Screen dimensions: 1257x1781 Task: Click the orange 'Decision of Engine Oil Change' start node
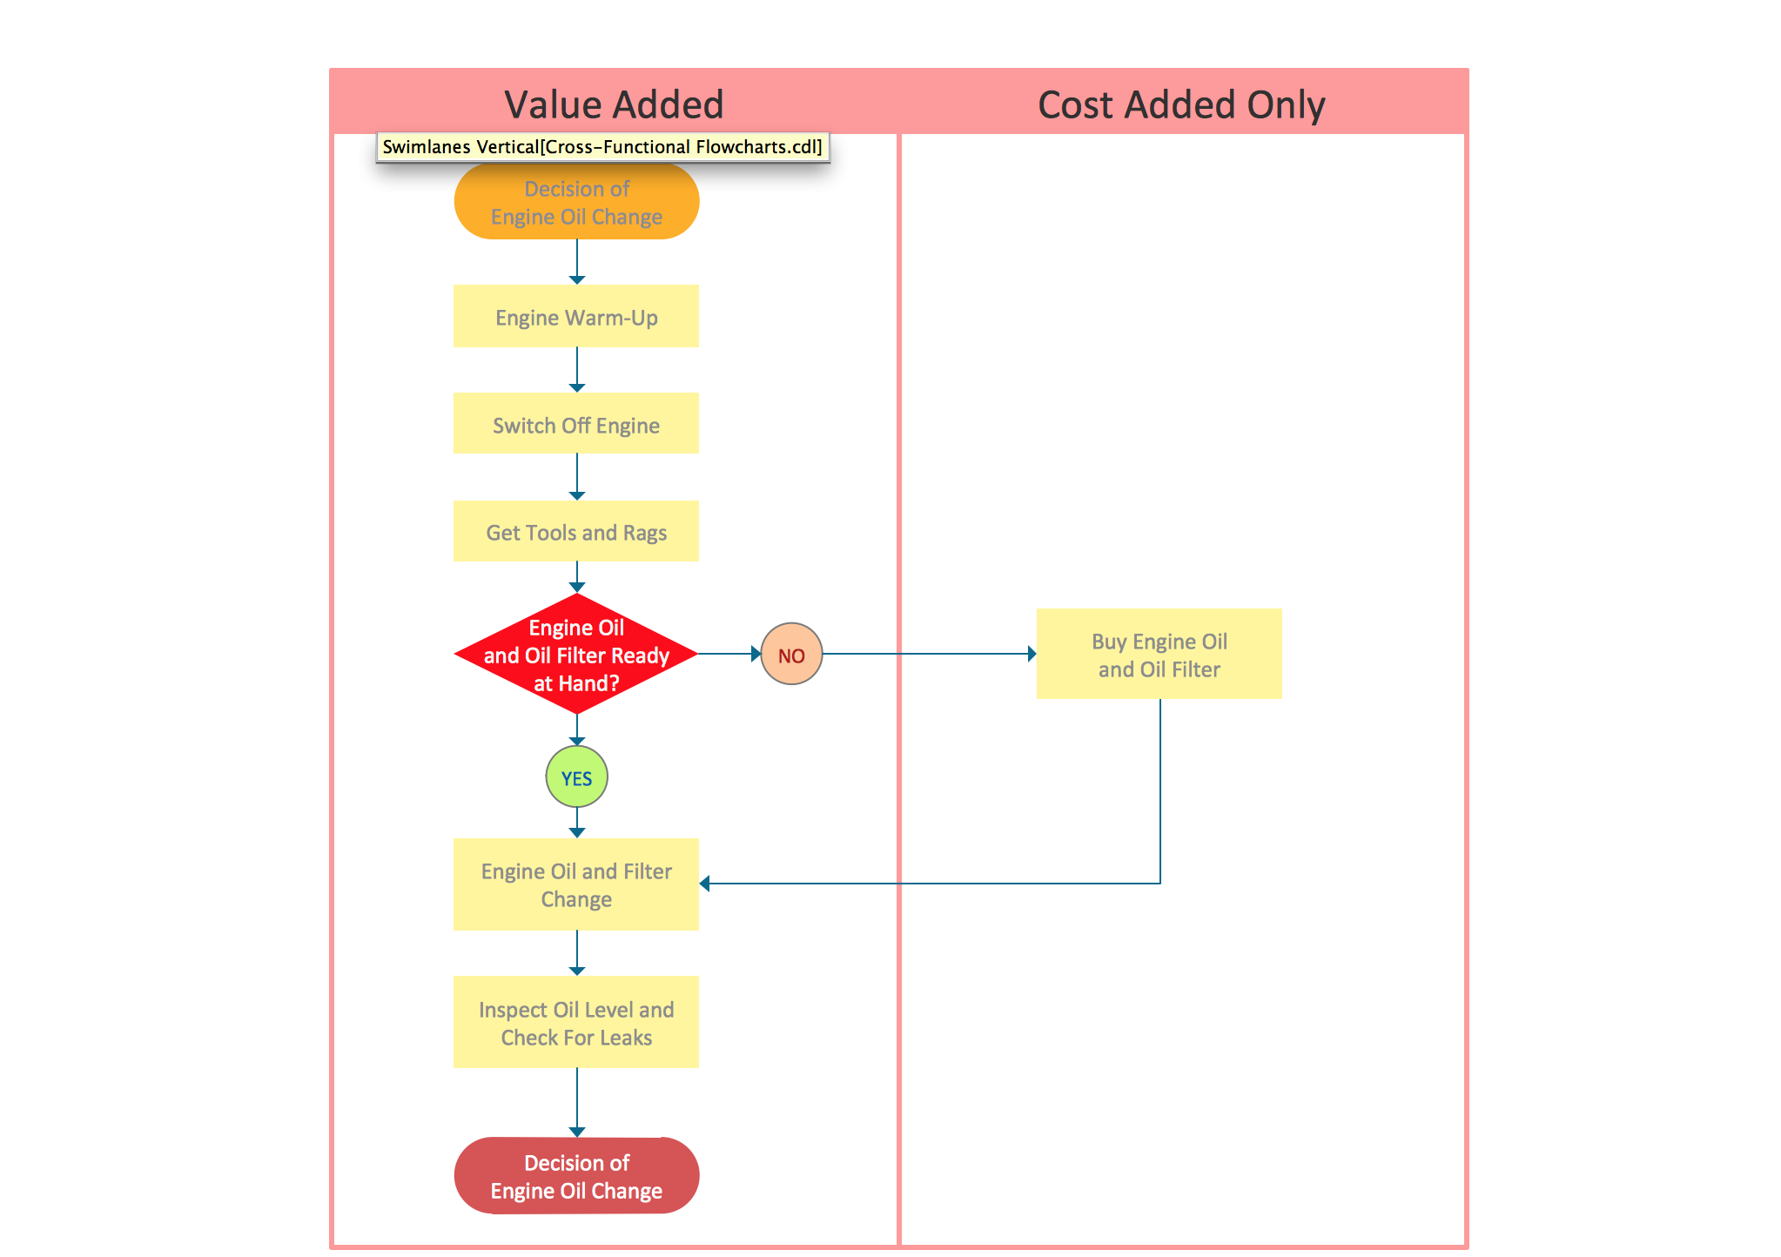click(576, 202)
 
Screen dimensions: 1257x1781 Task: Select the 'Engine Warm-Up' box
click(576, 317)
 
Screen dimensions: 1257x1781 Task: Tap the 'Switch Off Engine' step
click(576, 424)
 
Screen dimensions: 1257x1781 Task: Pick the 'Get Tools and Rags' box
click(576, 532)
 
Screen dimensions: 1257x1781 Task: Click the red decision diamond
click(576, 655)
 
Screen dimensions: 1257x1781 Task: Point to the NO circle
click(791, 655)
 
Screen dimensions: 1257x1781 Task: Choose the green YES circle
click(576, 777)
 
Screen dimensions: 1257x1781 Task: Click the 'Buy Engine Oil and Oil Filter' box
click(1159, 655)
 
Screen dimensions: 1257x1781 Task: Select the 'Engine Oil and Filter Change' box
click(576, 884)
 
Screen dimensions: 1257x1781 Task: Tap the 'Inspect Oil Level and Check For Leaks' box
click(576, 1023)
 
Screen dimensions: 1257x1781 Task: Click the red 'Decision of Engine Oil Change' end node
click(576, 1176)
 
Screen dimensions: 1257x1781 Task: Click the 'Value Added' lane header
click(614, 104)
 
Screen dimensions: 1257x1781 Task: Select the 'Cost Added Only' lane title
click(1181, 104)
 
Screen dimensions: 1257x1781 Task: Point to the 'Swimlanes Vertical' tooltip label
click(602, 147)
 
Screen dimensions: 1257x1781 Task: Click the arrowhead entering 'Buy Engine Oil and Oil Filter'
click(1032, 654)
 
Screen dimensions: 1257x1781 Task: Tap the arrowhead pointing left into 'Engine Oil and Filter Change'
click(705, 884)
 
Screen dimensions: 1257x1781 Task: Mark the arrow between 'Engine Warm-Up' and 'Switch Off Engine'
click(577, 370)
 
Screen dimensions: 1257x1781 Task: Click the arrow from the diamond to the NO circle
click(729, 654)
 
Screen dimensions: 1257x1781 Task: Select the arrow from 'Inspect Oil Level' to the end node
click(577, 1102)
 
